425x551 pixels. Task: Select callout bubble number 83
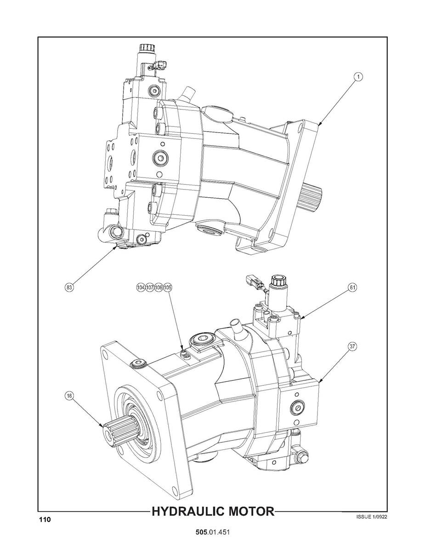tap(69, 287)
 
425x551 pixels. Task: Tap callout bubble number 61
tap(352, 287)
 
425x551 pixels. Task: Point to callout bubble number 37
tap(352, 347)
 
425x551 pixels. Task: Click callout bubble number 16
tap(69, 395)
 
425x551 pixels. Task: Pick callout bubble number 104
tap(141, 287)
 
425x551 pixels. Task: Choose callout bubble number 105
tap(167, 287)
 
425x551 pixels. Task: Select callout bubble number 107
tap(149, 287)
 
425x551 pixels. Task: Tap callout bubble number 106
tap(159, 287)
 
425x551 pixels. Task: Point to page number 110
tap(44, 520)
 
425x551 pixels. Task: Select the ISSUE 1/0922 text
tap(371, 517)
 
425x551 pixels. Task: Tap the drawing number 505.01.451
tap(212, 532)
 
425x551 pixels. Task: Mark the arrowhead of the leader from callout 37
tap(319, 381)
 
